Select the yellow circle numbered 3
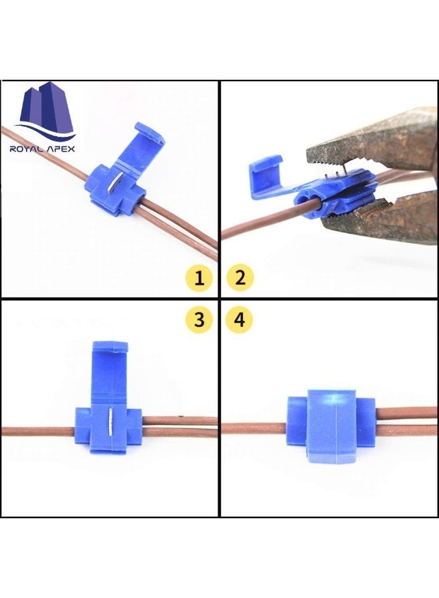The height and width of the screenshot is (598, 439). pos(198,320)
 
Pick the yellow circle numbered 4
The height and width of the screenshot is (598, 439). pos(240,320)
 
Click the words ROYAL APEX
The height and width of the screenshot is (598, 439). pos(43,149)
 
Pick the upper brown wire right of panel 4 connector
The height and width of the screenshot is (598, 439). pos(406,413)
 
